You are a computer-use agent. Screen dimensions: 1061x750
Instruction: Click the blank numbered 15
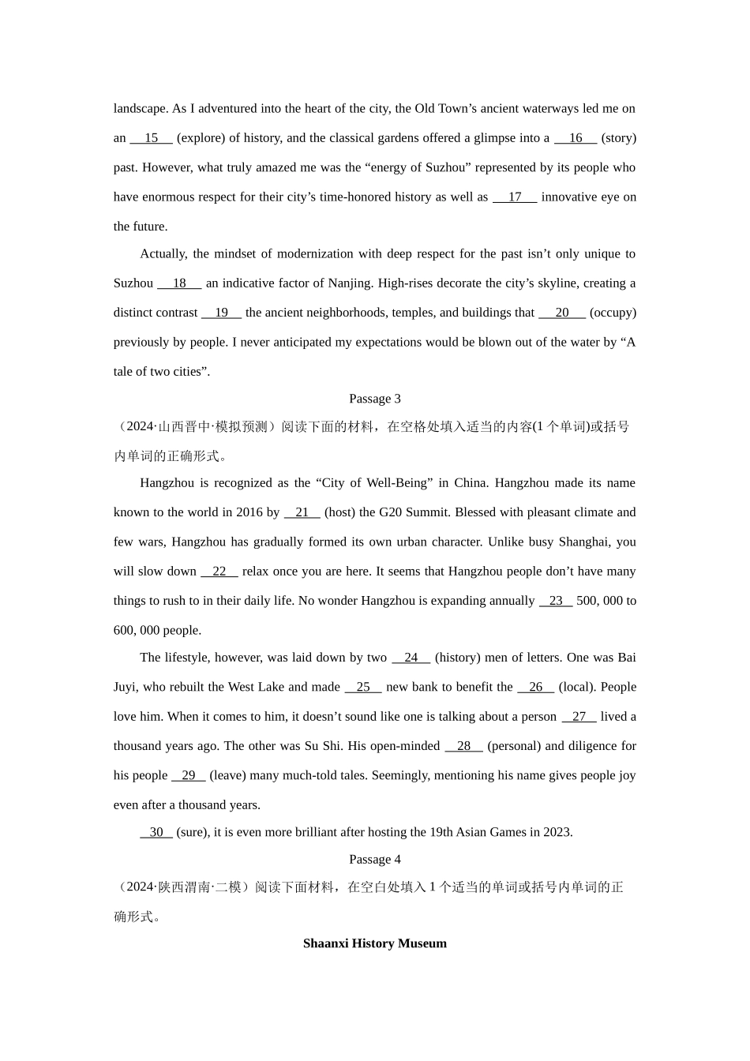(151, 138)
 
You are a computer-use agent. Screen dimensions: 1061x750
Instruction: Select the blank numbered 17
(515, 197)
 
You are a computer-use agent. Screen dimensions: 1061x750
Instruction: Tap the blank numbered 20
(561, 313)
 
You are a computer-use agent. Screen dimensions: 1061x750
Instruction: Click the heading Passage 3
(374, 399)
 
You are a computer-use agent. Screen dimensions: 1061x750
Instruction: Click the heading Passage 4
(374, 859)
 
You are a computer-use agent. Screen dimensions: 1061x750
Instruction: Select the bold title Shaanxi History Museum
(374, 943)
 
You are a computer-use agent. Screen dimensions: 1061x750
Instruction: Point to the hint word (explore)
(201, 138)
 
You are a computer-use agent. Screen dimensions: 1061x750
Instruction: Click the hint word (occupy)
(613, 313)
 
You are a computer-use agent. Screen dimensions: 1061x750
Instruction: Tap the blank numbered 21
(302, 512)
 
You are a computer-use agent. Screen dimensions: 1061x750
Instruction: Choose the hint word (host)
(339, 512)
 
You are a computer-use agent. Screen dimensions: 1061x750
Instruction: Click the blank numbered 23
(556, 601)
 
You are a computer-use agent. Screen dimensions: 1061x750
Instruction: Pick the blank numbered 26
(536, 687)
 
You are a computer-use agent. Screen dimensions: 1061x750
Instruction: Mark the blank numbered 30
(156, 832)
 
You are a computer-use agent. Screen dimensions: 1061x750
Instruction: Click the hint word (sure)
(193, 832)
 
